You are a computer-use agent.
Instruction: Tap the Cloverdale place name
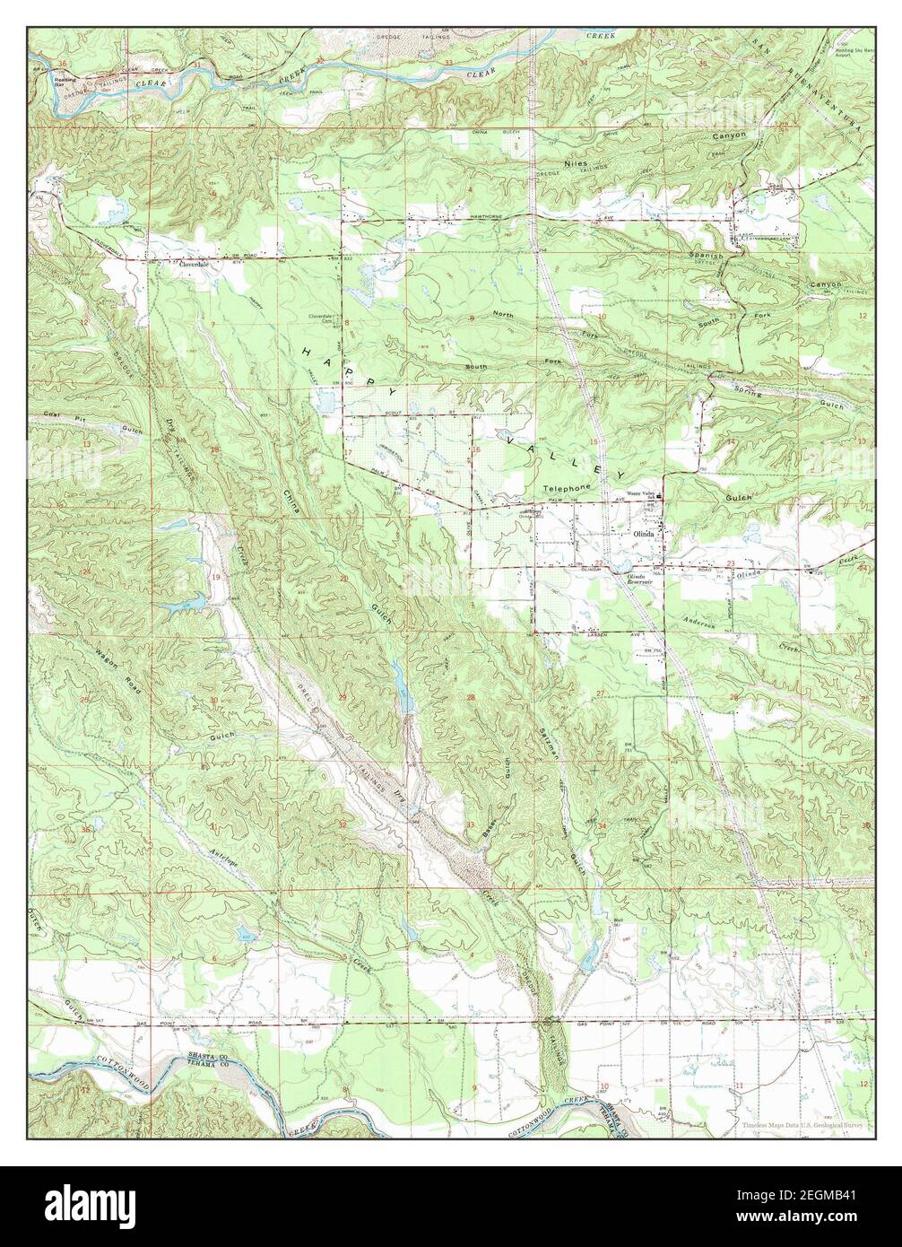tap(192, 265)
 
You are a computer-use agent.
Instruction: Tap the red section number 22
tap(622, 562)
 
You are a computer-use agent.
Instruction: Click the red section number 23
tap(732, 562)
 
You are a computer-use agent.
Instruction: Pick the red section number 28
tap(470, 697)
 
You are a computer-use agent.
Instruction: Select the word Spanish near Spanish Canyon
tap(705, 256)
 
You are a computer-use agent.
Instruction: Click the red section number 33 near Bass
tap(470, 824)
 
